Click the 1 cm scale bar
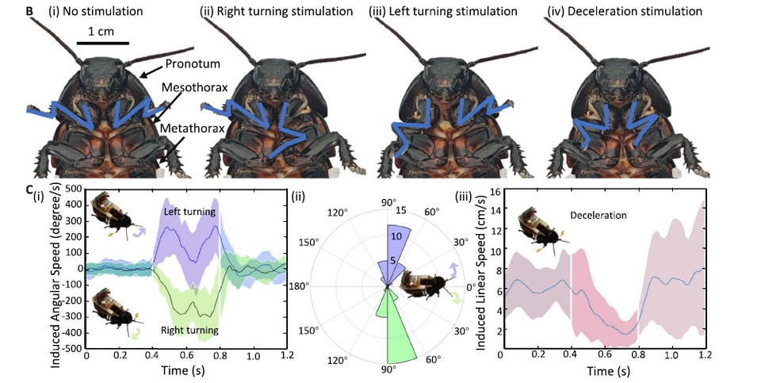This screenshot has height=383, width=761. [x=103, y=42]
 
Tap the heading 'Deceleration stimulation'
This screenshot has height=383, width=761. [x=625, y=12]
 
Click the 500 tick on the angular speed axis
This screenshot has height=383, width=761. [x=72, y=188]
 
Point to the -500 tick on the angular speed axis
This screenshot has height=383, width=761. [x=71, y=348]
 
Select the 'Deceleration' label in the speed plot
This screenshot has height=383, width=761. [x=598, y=215]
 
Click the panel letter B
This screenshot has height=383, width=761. [x=29, y=12]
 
